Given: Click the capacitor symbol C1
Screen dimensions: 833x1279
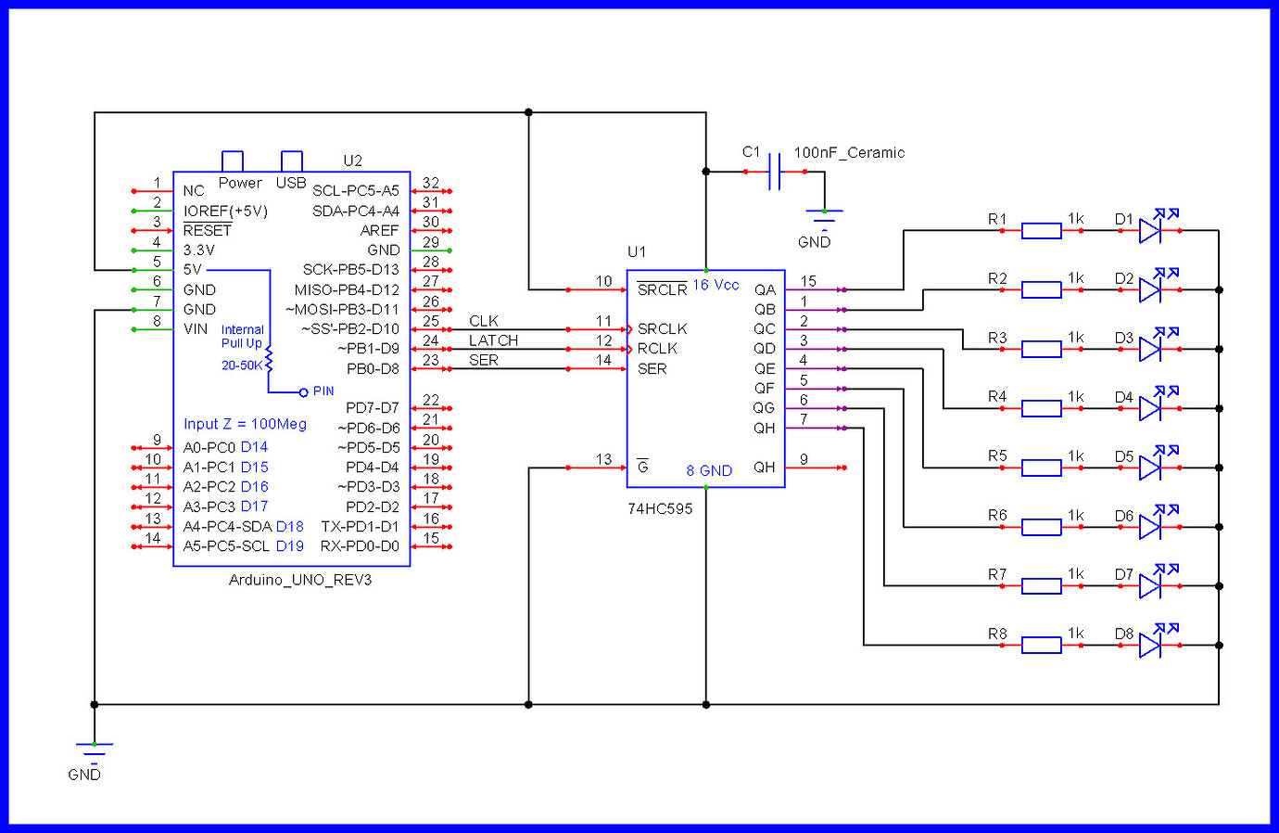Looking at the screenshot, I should [x=775, y=172].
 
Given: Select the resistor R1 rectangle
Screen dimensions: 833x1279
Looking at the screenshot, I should [x=1041, y=231].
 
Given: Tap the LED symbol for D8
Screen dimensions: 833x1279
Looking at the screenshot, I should [x=1150, y=645].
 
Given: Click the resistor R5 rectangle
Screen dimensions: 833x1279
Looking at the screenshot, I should [x=1041, y=468].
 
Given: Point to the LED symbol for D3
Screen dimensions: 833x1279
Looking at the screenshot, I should [x=1150, y=349].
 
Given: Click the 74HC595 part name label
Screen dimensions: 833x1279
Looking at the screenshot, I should [x=660, y=508].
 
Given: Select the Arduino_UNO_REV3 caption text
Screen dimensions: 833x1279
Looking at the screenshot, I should [x=300, y=580].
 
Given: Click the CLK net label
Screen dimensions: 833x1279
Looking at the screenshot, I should [x=484, y=321].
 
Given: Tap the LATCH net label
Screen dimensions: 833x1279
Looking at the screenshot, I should [x=493, y=340].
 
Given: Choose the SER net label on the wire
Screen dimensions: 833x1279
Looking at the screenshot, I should [x=484, y=360].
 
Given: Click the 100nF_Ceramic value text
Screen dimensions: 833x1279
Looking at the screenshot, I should [x=849, y=153].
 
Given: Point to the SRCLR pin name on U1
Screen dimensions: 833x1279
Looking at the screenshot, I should [x=662, y=289].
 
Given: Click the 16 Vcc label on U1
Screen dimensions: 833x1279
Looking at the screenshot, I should [x=715, y=285].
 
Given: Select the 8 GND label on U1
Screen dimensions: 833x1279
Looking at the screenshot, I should [x=709, y=470].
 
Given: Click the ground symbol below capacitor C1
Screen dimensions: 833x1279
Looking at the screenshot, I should [x=824, y=219].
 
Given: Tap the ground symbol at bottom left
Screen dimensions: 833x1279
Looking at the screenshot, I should [x=94, y=749].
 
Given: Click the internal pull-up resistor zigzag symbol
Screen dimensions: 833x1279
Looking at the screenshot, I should [x=270, y=360].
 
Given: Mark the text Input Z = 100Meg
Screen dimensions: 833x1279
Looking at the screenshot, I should [x=245, y=424].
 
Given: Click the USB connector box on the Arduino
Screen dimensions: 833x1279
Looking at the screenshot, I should [x=291, y=161].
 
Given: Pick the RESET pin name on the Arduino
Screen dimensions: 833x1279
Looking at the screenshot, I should [x=208, y=230].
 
